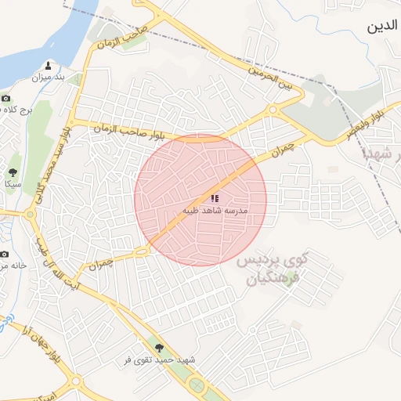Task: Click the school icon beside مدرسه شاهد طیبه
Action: (215, 198)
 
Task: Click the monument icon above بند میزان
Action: (49, 66)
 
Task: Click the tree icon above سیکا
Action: (13, 172)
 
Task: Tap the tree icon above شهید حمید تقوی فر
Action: (161, 347)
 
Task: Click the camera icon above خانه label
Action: (4, 254)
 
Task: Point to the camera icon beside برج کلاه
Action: (6, 99)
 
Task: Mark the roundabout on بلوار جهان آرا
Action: (76, 381)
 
